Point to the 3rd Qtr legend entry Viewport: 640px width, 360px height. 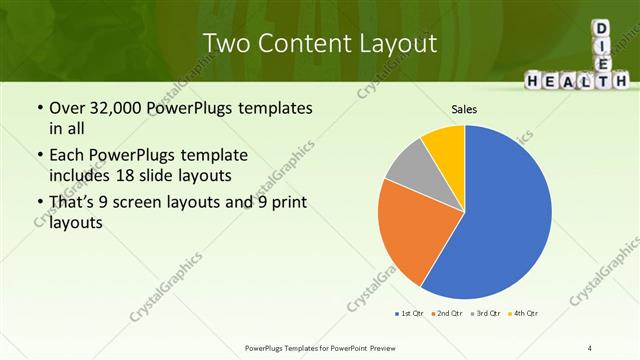coord(484,314)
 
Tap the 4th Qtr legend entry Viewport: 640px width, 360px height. coord(523,314)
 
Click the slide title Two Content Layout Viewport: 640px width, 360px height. coord(320,43)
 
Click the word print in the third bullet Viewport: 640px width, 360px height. coord(283,203)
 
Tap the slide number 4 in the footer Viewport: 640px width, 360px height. coord(590,347)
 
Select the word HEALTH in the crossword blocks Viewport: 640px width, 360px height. coord(579,80)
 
